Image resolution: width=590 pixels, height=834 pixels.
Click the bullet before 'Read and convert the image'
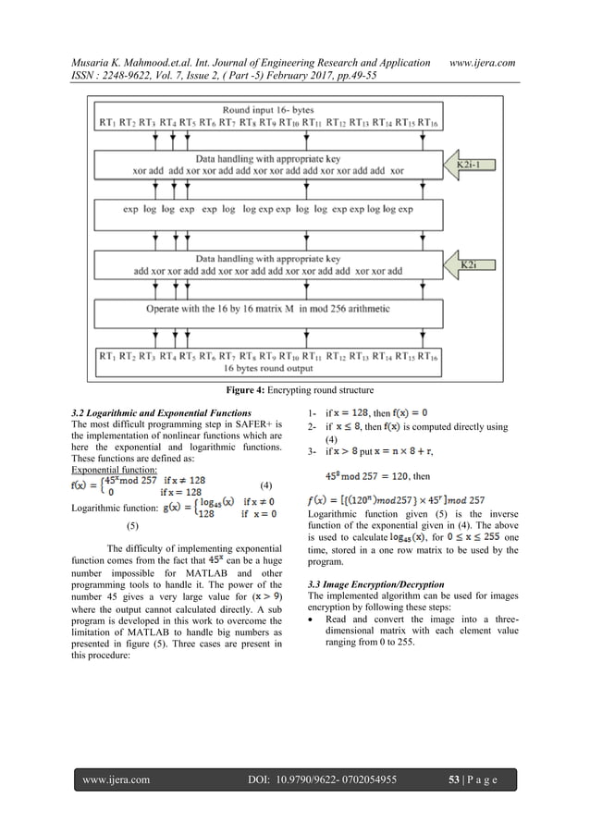tap(307, 597)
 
